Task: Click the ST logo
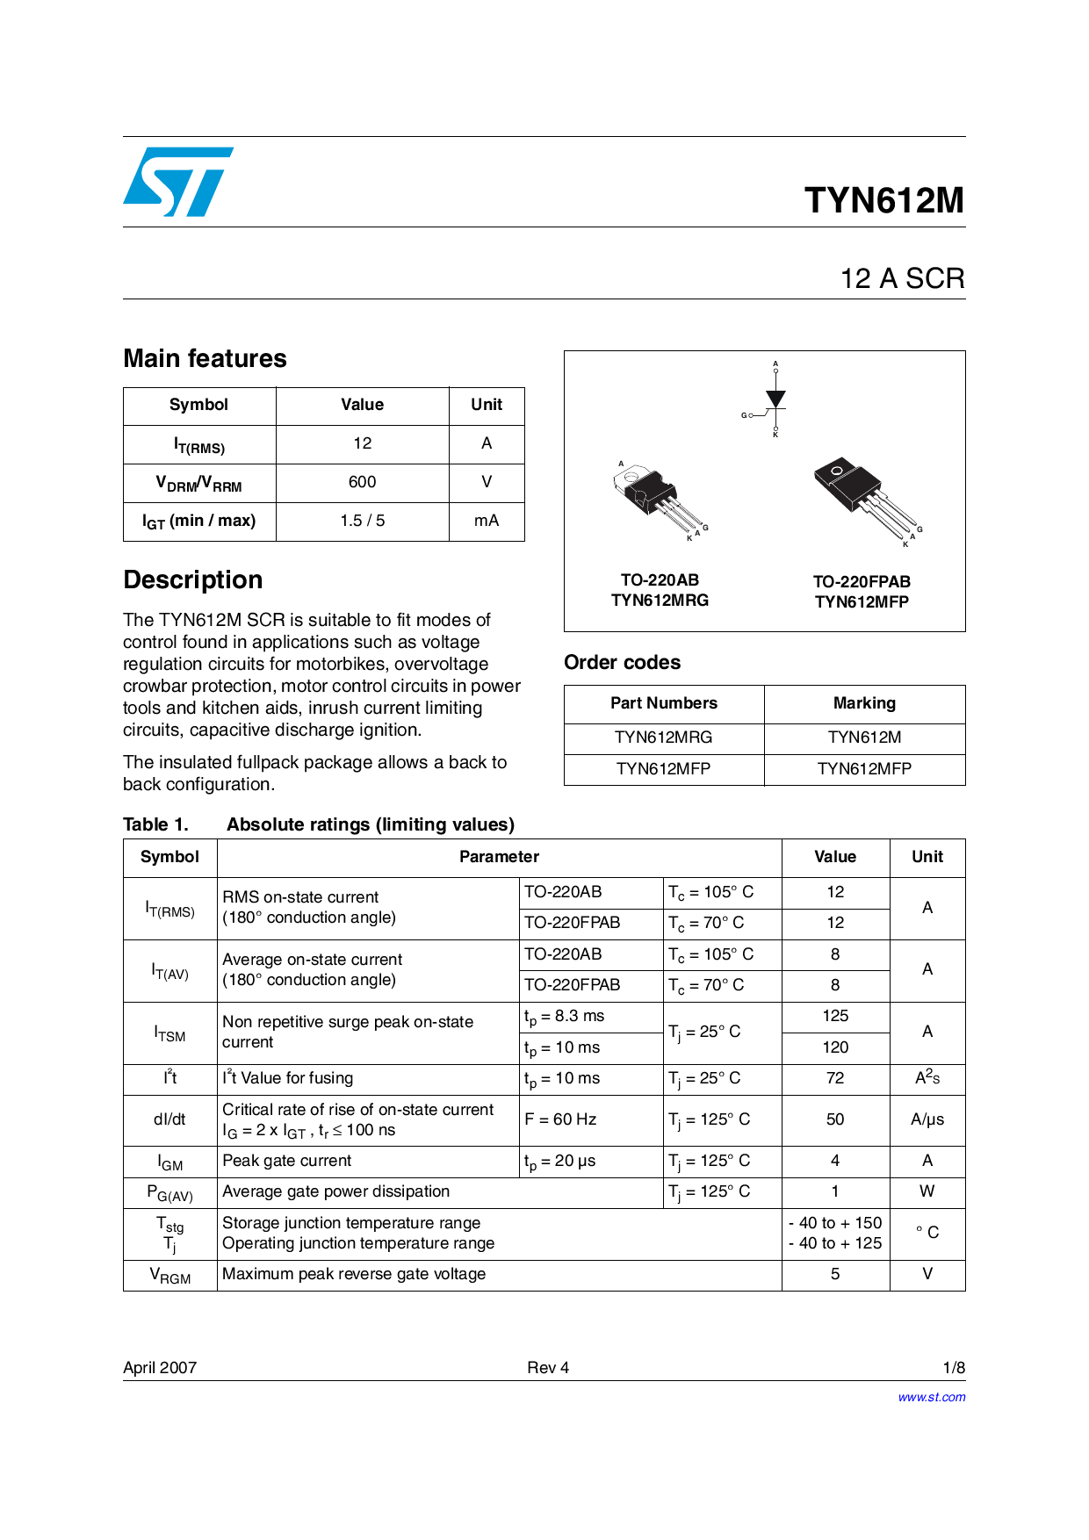coord(178,182)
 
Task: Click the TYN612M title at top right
coord(883,200)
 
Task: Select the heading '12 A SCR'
coord(902,278)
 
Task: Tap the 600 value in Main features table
coord(362,482)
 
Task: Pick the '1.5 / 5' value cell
coord(362,521)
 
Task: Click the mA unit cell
coord(487,521)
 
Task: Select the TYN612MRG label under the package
coord(660,601)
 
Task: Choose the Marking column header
coord(864,703)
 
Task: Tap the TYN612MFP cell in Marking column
coord(864,769)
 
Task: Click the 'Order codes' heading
coord(622,662)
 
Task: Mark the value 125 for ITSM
coord(835,1016)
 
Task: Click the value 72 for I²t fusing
coord(835,1078)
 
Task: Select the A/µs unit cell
coord(927,1119)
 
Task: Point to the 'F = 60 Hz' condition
coord(560,1119)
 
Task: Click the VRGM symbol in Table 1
coord(169,1275)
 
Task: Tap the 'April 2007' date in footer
coord(160,1368)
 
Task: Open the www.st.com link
coord(931,1397)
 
